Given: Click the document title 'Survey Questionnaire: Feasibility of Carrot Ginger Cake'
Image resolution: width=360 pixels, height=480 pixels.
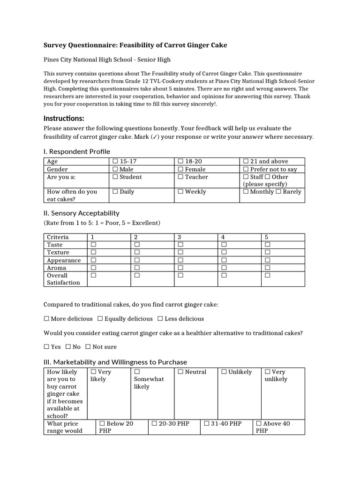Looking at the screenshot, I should (x=135, y=45).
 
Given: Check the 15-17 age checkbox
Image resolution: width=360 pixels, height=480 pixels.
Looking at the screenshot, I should (x=115, y=162).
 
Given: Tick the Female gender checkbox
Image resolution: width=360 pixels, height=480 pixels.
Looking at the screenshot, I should (x=180, y=170).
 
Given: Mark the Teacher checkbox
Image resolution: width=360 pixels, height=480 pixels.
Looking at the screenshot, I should (x=180, y=177).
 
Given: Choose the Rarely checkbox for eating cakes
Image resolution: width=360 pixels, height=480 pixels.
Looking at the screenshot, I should (x=279, y=192).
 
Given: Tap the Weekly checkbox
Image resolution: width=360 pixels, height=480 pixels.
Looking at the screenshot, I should (x=180, y=192).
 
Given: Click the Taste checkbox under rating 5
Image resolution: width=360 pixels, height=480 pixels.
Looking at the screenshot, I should (x=268, y=245).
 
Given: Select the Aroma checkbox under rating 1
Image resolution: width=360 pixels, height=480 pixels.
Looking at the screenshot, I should (x=93, y=268).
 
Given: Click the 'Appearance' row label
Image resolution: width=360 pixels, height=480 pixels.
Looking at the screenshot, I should (x=64, y=260).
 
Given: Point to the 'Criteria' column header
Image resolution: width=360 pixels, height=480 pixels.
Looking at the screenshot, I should (x=58, y=237).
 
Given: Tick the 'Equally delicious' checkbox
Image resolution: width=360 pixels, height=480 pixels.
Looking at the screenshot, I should (x=100, y=319).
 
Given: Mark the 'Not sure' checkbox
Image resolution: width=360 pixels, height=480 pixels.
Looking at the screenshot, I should (x=88, y=347).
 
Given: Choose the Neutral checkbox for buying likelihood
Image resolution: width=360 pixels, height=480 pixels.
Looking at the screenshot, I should (x=180, y=372).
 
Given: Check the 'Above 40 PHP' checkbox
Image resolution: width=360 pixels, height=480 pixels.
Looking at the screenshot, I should (x=259, y=424).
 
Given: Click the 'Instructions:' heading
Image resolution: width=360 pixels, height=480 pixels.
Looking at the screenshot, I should (x=64, y=118).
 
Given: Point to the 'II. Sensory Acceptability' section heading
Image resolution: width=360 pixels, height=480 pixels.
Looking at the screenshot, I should (x=81, y=213).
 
